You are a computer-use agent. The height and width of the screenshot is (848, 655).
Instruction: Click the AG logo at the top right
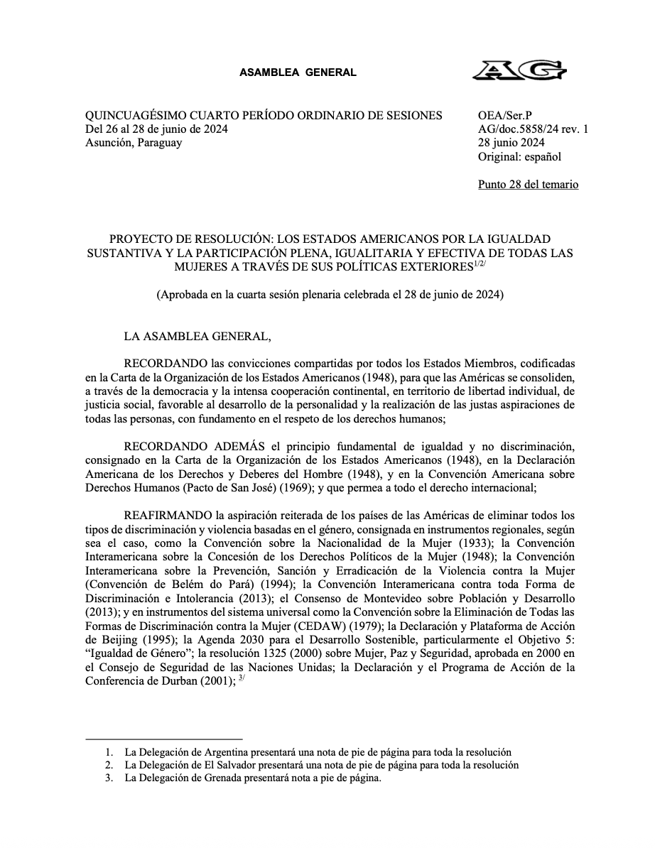(x=520, y=72)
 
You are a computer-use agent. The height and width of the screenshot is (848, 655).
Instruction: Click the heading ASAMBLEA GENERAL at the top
(x=298, y=72)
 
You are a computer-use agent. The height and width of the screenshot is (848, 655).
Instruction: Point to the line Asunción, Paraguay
(x=134, y=143)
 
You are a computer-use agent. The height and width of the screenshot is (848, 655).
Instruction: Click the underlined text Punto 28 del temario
(x=529, y=185)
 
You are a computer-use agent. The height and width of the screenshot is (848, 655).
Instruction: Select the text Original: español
(x=519, y=156)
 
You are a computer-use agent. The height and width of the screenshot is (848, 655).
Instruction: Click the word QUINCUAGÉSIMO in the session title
(x=132, y=116)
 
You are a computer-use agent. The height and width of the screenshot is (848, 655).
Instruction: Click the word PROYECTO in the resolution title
(x=134, y=239)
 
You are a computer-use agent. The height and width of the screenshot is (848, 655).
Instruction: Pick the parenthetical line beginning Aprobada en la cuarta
(x=330, y=295)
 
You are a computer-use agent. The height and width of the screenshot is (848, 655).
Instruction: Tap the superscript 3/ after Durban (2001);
(x=242, y=678)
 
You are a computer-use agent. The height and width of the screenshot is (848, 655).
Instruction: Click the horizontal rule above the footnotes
(x=163, y=739)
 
